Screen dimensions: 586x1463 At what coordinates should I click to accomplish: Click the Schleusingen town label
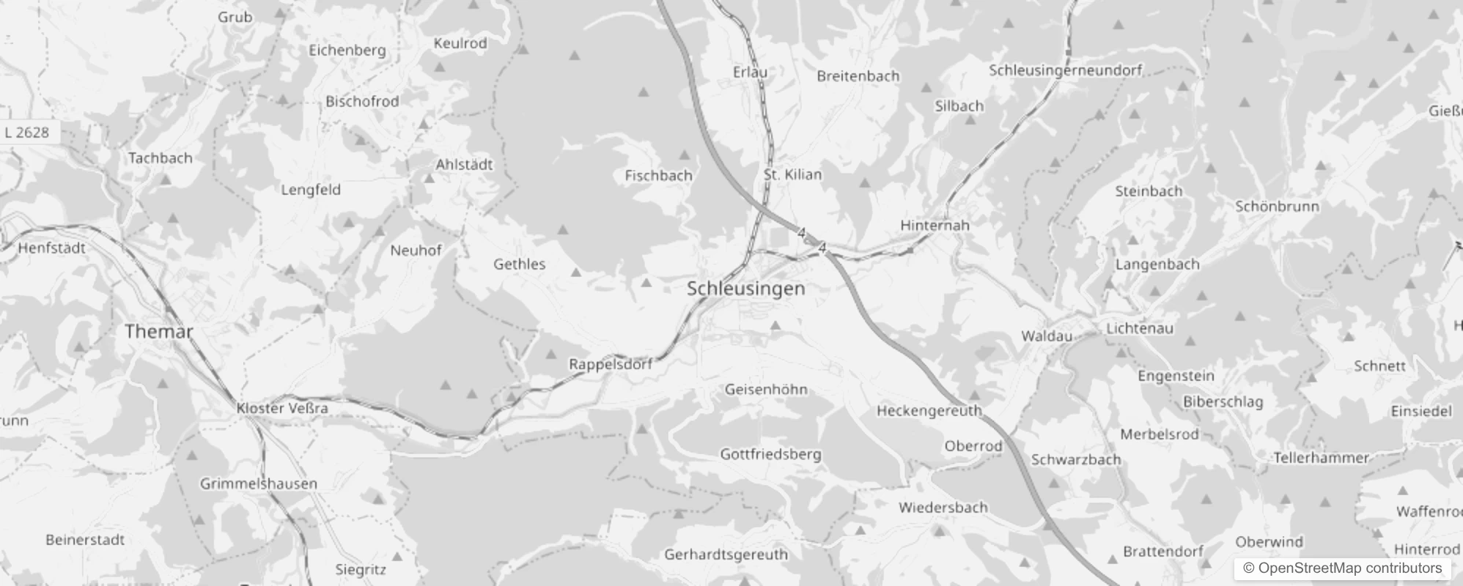(x=745, y=289)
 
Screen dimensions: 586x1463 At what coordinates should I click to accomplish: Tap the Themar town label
(x=159, y=331)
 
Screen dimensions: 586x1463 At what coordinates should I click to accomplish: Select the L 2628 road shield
(x=27, y=133)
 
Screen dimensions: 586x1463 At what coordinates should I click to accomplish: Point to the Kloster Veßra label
(x=282, y=408)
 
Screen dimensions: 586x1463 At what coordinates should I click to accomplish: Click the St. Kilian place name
(x=792, y=174)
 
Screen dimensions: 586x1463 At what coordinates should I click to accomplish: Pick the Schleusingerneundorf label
(x=1065, y=70)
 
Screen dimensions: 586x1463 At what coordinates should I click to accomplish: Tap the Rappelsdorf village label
(x=611, y=364)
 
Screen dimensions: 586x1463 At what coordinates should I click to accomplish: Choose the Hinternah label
(x=935, y=225)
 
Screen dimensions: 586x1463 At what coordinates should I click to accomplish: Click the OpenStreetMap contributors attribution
(x=1342, y=568)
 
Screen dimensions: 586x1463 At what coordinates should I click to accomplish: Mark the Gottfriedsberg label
(x=770, y=454)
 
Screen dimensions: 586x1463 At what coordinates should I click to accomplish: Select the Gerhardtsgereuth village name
(x=726, y=555)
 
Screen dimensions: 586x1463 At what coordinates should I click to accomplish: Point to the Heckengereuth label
(x=929, y=410)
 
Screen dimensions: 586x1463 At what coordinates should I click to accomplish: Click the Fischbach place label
(x=658, y=175)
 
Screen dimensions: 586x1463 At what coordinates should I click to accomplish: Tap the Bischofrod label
(x=362, y=101)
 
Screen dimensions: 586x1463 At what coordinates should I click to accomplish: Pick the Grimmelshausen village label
(x=259, y=483)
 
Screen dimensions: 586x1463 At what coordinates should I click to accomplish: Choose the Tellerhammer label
(x=1321, y=458)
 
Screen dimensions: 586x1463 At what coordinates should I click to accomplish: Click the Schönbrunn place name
(x=1277, y=207)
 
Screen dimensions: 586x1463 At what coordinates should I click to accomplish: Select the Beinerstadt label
(x=85, y=540)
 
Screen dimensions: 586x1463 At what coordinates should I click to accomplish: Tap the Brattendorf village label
(x=1163, y=551)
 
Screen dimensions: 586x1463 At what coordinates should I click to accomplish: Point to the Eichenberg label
(x=347, y=50)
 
